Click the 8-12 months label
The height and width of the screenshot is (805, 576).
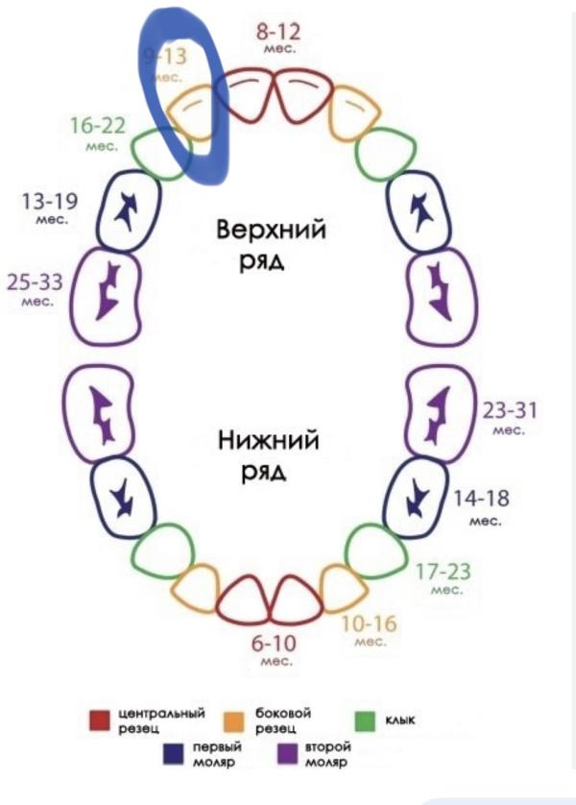279,37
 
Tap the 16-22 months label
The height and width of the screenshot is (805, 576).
98,132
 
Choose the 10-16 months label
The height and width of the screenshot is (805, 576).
370,629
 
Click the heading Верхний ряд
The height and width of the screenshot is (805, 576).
271,245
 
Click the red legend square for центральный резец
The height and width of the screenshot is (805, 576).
101,720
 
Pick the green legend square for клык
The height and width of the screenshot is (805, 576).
365,720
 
